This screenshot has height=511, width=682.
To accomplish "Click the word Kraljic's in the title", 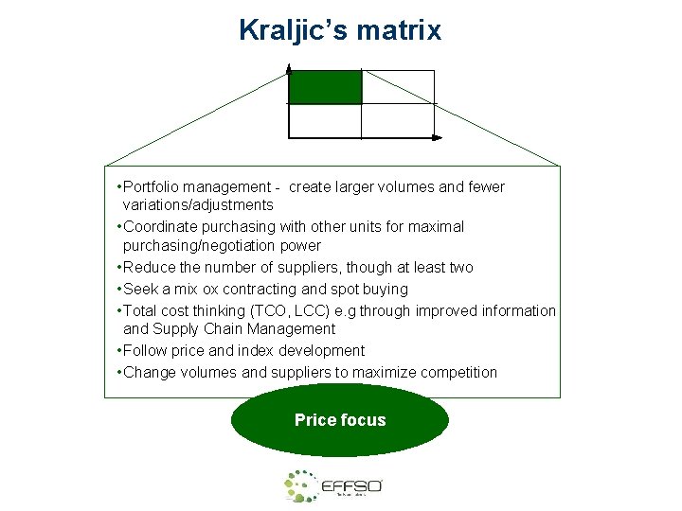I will tap(289, 30).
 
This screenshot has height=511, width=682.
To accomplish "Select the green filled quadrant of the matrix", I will tap(325, 87).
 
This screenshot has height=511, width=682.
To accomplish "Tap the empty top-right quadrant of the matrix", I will tap(398, 87).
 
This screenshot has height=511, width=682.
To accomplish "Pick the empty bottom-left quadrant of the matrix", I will tap(325, 120).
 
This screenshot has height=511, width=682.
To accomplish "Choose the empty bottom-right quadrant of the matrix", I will tap(398, 120).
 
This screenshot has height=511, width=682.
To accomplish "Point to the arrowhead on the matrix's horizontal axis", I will tap(437, 138).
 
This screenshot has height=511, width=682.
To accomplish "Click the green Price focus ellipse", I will tap(340, 420).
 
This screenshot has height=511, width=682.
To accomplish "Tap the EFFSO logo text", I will tap(351, 486).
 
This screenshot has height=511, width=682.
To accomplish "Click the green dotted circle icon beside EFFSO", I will tap(301, 486).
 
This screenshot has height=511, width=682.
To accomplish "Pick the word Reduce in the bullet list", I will tap(147, 268).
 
